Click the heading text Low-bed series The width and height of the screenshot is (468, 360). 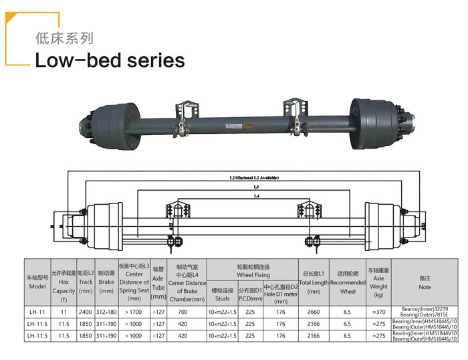coord(109,60)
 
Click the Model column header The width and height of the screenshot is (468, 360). coord(37,281)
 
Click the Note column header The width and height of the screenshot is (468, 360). coord(425,281)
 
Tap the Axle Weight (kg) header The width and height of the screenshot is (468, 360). coord(378,282)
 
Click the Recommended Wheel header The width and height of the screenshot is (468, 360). coord(348,282)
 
